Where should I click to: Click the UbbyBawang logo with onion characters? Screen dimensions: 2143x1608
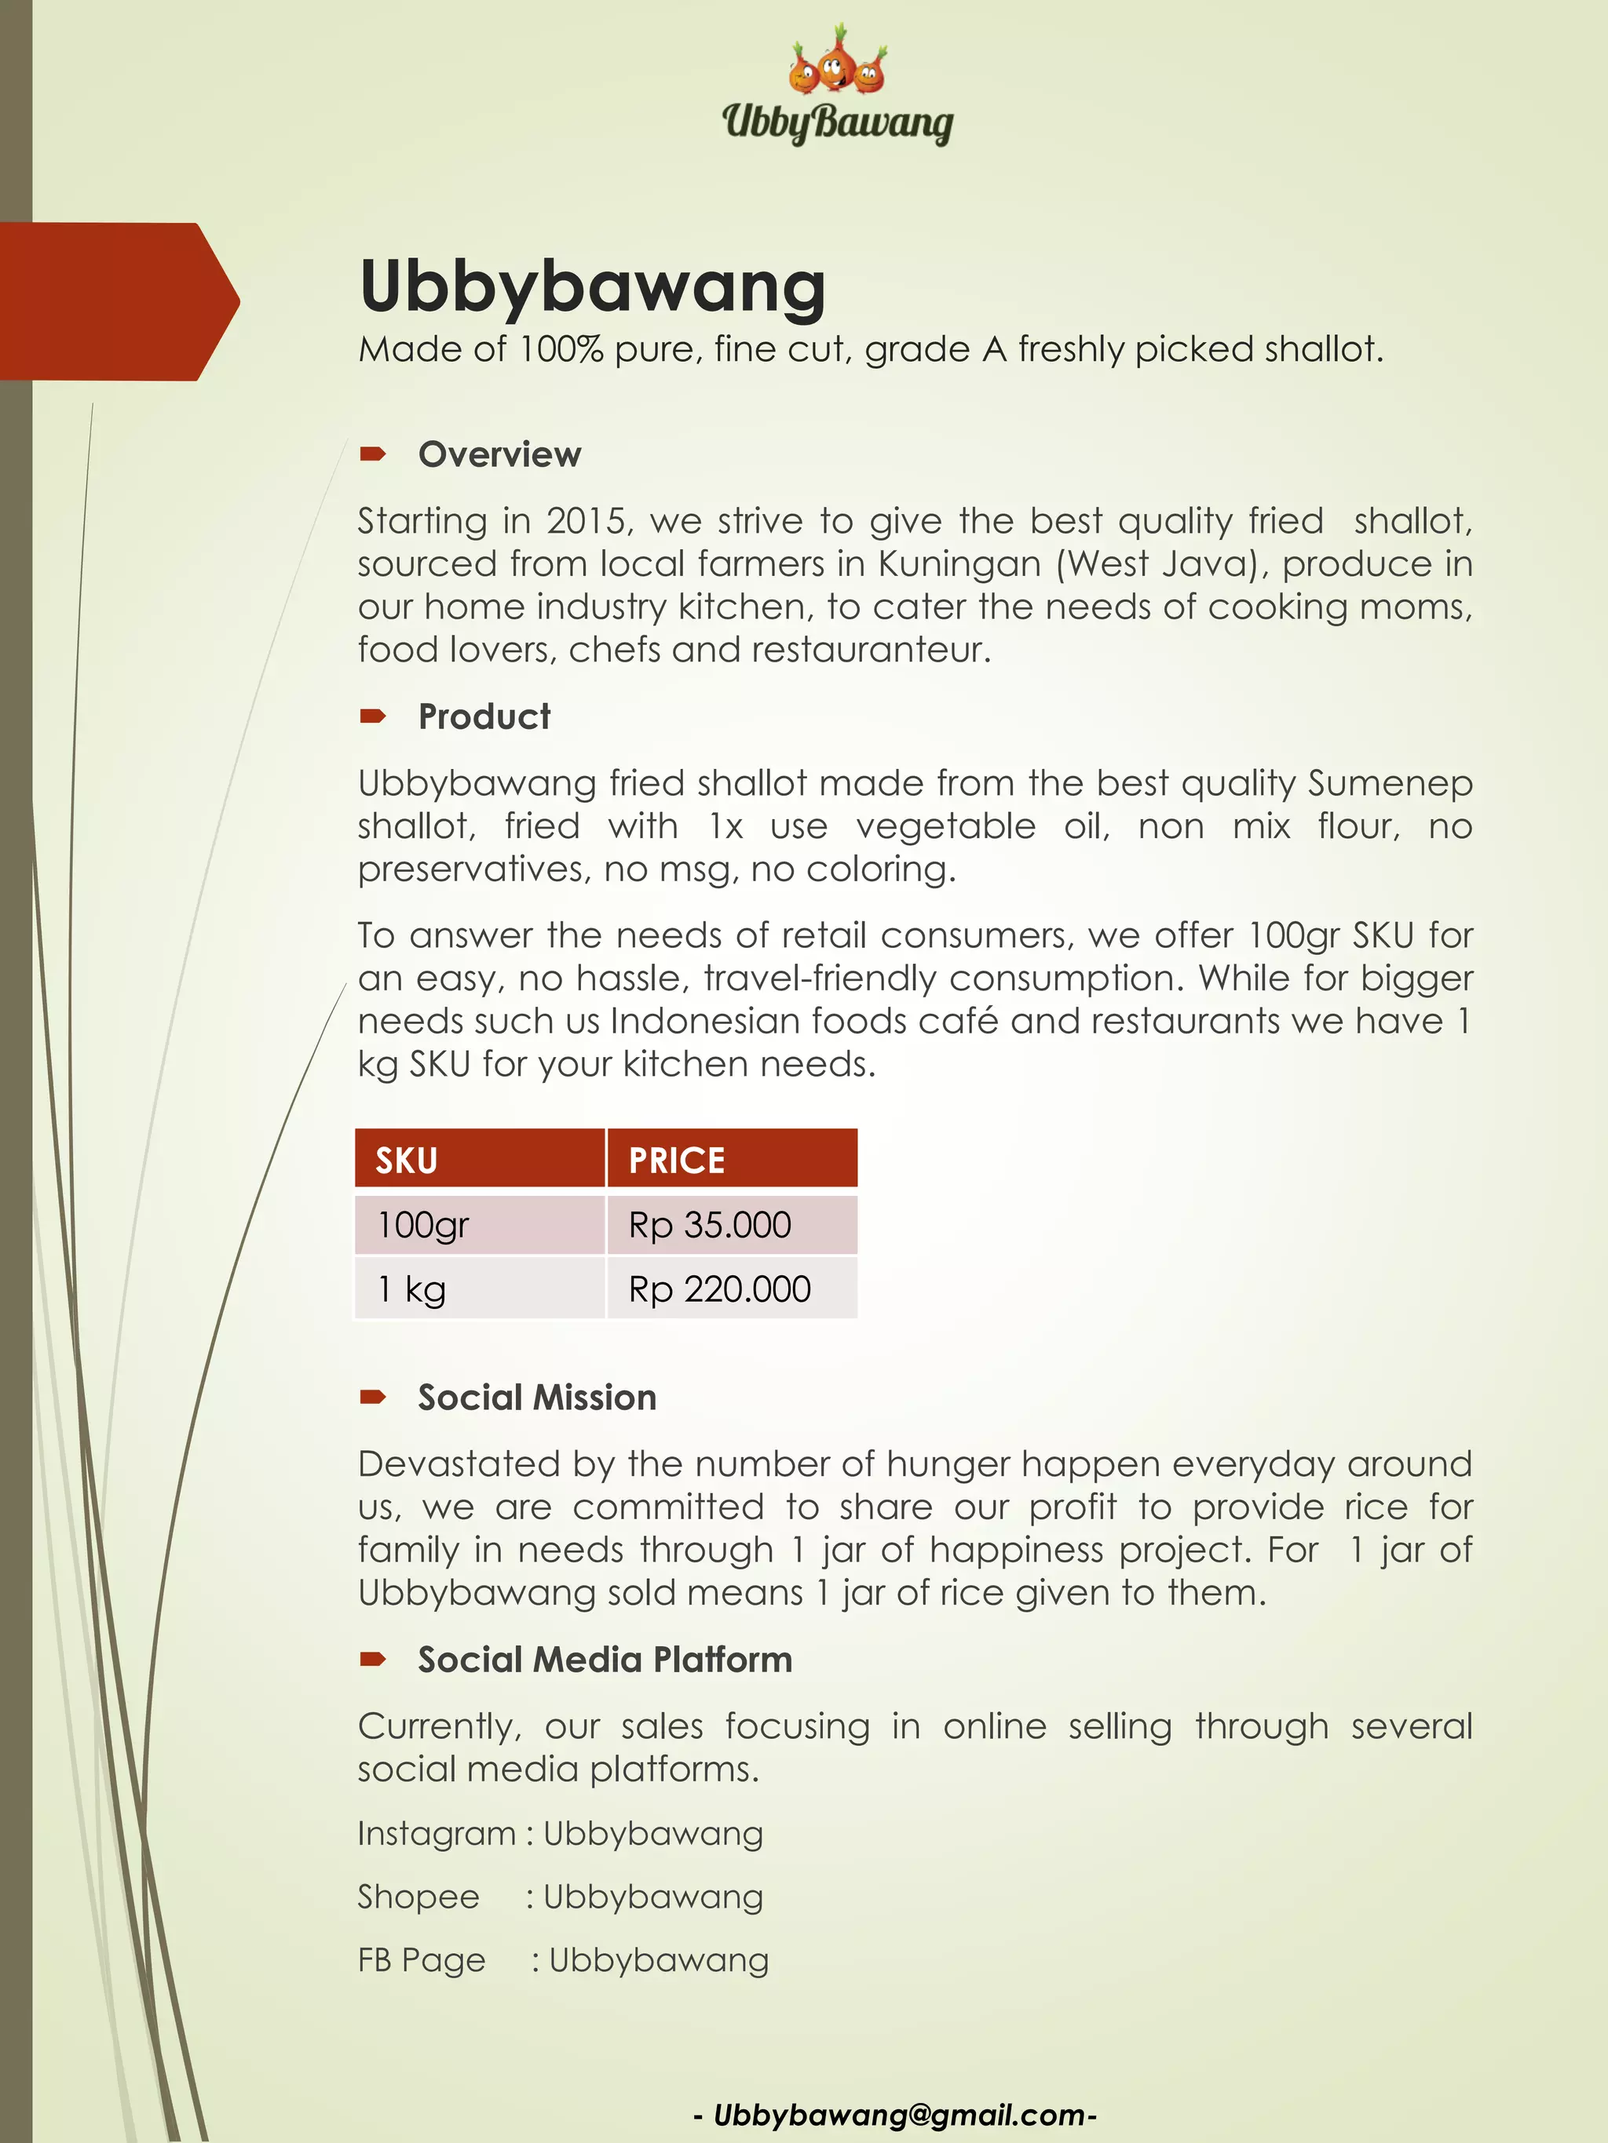click(x=838, y=86)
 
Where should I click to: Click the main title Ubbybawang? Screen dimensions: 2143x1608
click(x=592, y=286)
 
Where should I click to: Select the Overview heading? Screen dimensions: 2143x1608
click(x=499, y=454)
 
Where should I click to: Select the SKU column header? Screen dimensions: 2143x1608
click(x=407, y=1160)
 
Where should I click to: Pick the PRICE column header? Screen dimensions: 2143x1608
click(x=677, y=1160)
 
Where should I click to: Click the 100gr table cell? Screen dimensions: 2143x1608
click(x=423, y=1226)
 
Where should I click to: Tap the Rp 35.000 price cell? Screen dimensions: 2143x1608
click(x=711, y=1226)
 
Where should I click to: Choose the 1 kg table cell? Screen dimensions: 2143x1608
click(x=412, y=1289)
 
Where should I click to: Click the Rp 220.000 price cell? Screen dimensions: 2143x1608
click(x=719, y=1289)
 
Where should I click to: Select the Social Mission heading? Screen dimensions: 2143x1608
click(x=537, y=1397)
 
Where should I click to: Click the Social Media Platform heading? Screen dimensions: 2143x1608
click(x=605, y=1660)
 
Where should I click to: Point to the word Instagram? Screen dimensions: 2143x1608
click(x=437, y=1833)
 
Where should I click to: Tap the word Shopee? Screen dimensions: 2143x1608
click(x=418, y=1896)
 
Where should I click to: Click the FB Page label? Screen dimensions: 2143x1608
click(x=422, y=1959)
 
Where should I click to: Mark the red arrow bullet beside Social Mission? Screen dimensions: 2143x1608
click(x=373, y=1397)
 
